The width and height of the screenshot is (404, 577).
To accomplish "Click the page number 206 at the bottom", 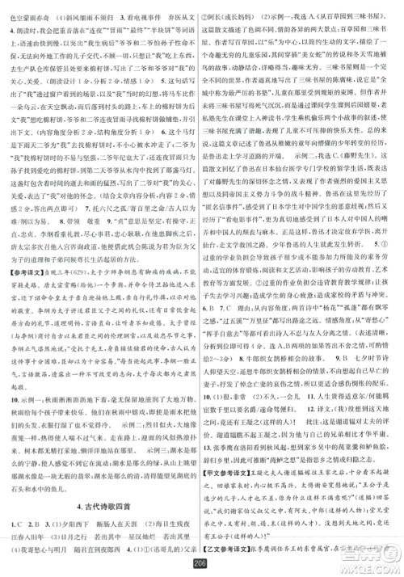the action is point(202,566).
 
